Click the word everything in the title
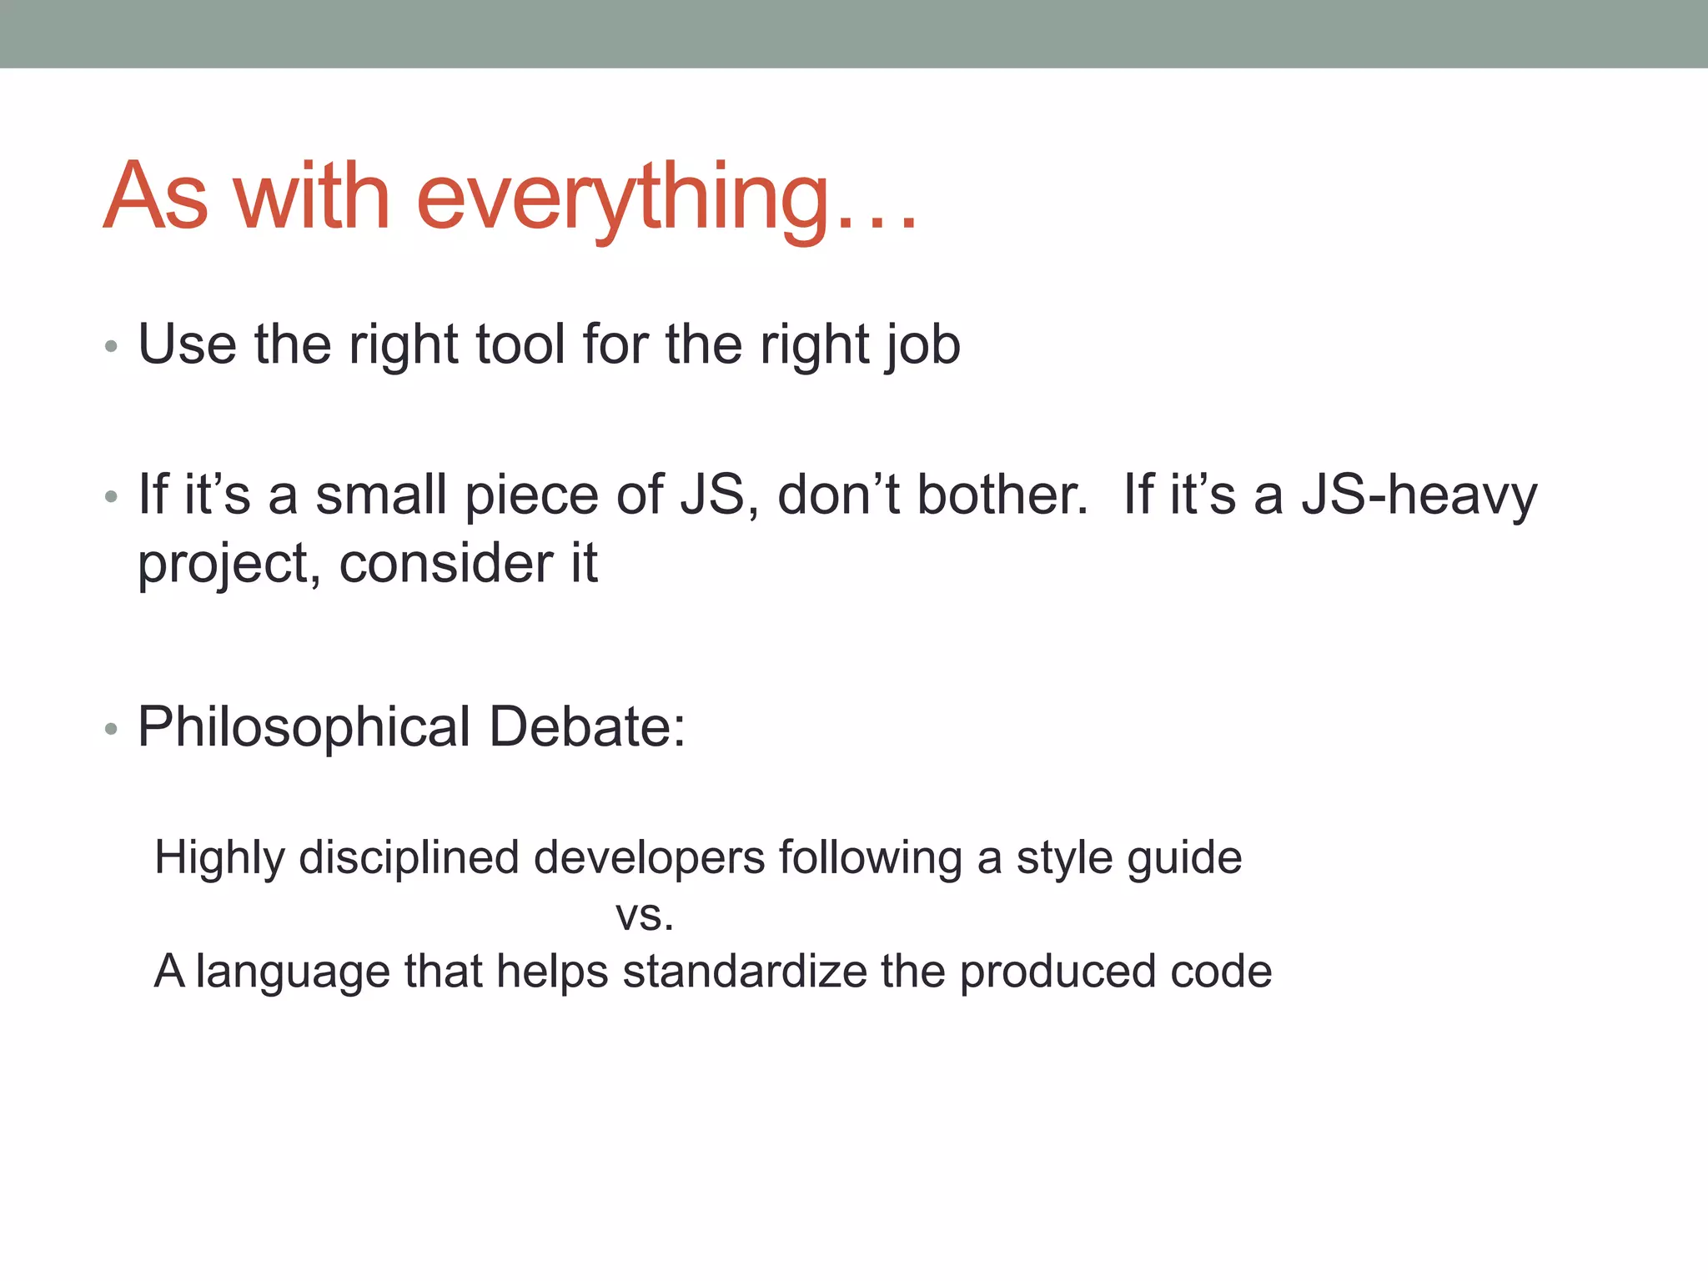[621, 198]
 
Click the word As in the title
[155, 198]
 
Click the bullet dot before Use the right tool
[111, 347]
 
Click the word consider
[445, 563]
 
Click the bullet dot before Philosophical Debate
[111, 730]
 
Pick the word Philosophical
[304, 728]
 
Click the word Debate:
[586, 726]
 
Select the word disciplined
[409, 858]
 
